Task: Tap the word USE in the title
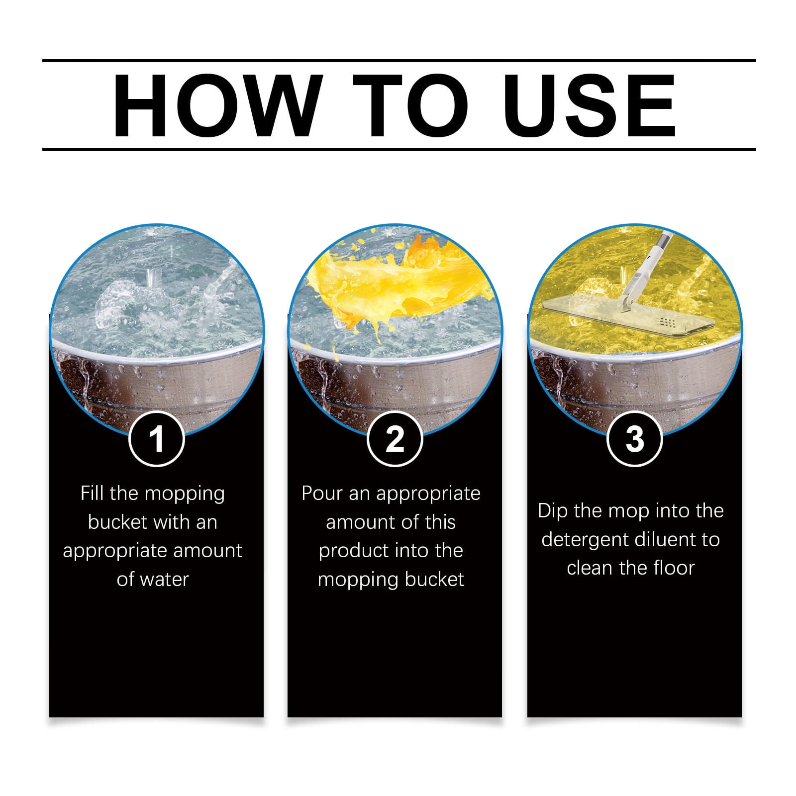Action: pos(592,105)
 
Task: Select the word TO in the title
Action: pos(412,105)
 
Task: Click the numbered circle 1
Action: pos(157,439)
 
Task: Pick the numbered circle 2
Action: pos(395,439)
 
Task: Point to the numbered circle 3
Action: pos(634,439)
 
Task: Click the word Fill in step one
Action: pos(93,494)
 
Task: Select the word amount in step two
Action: pos(357,522)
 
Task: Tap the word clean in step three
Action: pos(589,568)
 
